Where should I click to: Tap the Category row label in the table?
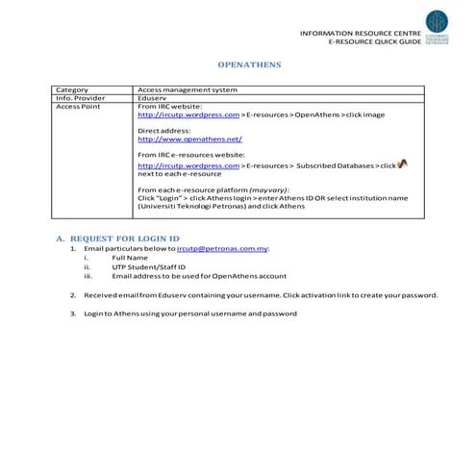pos(72,89)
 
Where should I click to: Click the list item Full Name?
pos(130,257)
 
